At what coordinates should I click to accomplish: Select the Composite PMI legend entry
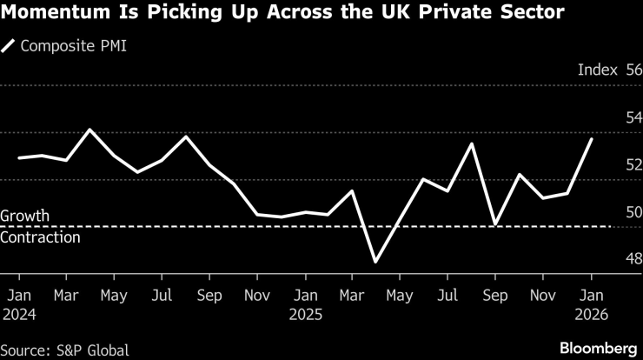tap(66, 45)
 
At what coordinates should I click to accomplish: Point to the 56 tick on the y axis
tap(633, 70)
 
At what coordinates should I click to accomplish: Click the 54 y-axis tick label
tap(633, 117)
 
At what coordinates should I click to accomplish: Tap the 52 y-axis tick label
tap(633, 164)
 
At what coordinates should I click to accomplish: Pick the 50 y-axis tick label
tap(633, 211)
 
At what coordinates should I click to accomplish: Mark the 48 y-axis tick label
tap(633, 258)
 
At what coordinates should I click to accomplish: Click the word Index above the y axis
tap(597, 70)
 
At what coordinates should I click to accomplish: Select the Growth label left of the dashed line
tap(25, 216)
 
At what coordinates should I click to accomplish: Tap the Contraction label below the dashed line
tap(40, 237)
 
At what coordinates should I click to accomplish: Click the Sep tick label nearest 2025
tap(494, 295)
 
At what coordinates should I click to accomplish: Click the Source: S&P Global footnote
tap(65, 350)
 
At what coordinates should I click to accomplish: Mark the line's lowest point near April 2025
tap(375, 262)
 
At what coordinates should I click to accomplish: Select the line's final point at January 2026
tap(592, 139)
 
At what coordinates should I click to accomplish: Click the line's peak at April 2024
tap(90, 130)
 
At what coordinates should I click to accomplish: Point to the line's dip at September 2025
tap(494, 225)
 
